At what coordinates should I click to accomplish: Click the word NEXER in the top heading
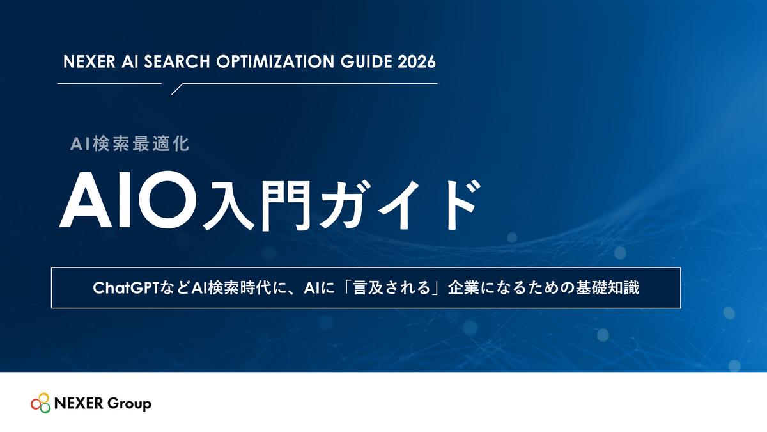(x=89, y=61)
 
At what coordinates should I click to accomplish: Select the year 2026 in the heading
(x=417, y=61)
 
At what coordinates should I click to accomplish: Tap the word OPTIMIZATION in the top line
(x=275, y=61)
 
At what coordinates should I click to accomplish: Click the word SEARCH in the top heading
(x=176, y=61)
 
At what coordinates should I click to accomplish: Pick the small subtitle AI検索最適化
(x=129, y=144)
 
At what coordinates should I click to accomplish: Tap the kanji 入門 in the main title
(x=257, y=205)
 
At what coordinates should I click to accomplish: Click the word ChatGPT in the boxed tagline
(x=127, y=287)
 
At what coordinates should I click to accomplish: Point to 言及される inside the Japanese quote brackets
(x=391, y=287)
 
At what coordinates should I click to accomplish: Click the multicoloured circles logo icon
(x=40, y=403)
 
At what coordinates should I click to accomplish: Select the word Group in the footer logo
(x=129, y=404)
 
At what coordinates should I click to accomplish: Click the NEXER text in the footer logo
(x=79, y=403)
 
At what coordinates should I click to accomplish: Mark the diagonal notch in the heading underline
(x=177, y=89)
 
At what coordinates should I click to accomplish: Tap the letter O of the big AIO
(x=168, y=200)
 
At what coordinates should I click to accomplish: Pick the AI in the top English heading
(x=130, y=61)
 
